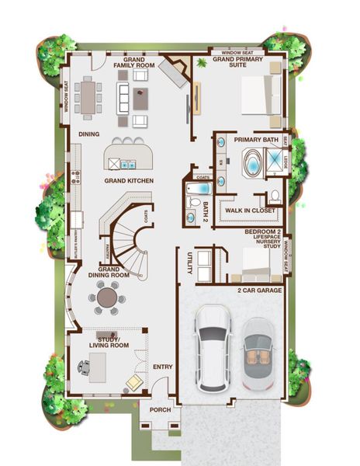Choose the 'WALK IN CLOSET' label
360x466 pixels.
click(x=250, y=210)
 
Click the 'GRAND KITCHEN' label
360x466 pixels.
click(x=129, y=181)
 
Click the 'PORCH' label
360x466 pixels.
click(x=160, y=410)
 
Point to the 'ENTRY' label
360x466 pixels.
click(x=163, y=367)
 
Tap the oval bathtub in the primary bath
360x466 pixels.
click(x=253, y=165)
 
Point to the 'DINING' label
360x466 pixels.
click(x=89, y=134)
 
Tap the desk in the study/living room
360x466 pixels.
click(x=97, y=362)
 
